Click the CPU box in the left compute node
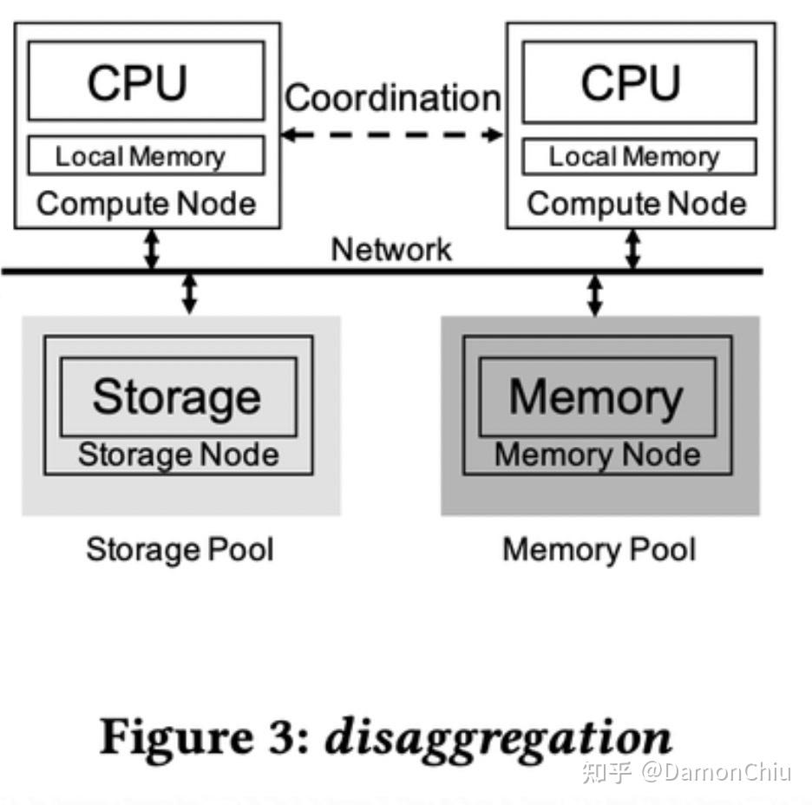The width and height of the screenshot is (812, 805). pos(146,81)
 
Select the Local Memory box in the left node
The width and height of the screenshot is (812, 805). pos(146,156)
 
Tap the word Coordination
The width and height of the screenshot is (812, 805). pos(392,97)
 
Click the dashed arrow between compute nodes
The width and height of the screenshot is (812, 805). pos(392,134)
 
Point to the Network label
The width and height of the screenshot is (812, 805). pos(391,249)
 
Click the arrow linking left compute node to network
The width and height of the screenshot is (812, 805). pos(152,250)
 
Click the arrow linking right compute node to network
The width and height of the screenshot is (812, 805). pos(633,250)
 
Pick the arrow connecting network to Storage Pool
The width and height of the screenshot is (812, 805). pos(189,293)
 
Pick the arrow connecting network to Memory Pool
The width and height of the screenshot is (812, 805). pos(595,294)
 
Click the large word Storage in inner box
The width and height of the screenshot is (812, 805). pos(177,396)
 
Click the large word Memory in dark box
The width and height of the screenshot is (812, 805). pos(596,396)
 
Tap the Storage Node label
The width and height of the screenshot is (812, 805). pos(179,455)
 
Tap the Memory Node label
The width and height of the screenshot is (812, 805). pos(598,455)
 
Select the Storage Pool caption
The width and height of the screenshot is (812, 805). pos(180,549)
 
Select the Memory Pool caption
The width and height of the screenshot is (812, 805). pos(599,549)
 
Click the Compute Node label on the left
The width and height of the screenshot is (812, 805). pos(147,204)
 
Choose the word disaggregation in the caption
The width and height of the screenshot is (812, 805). pos(498,737)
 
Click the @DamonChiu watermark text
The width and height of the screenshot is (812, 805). pos(715,770)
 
